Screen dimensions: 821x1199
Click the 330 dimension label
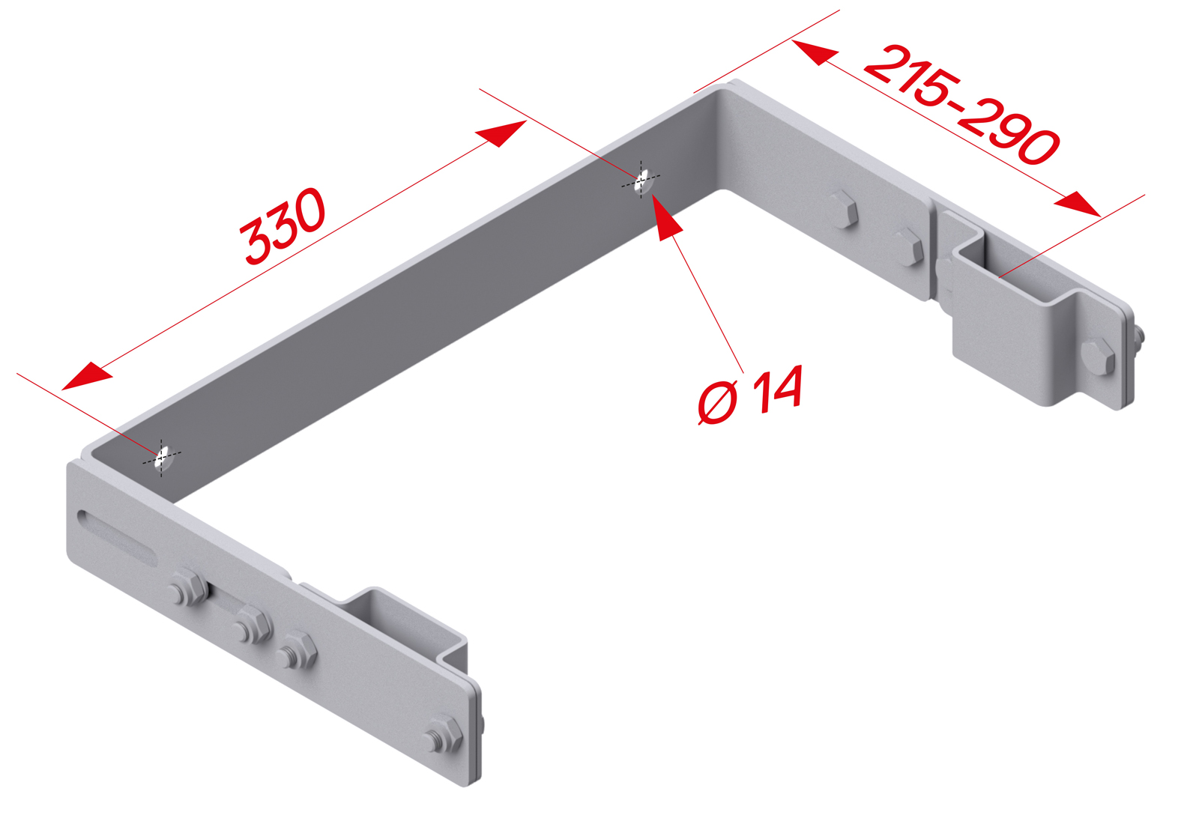point(283,225)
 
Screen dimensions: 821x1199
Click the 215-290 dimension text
point(962,105)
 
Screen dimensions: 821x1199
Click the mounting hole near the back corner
point(641,182)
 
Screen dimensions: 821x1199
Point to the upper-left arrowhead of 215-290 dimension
point(814,52)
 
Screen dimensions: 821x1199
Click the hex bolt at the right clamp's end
point(1099,357)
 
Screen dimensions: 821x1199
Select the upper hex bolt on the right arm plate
point(844,209)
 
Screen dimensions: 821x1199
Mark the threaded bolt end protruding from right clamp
point(1138,338)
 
